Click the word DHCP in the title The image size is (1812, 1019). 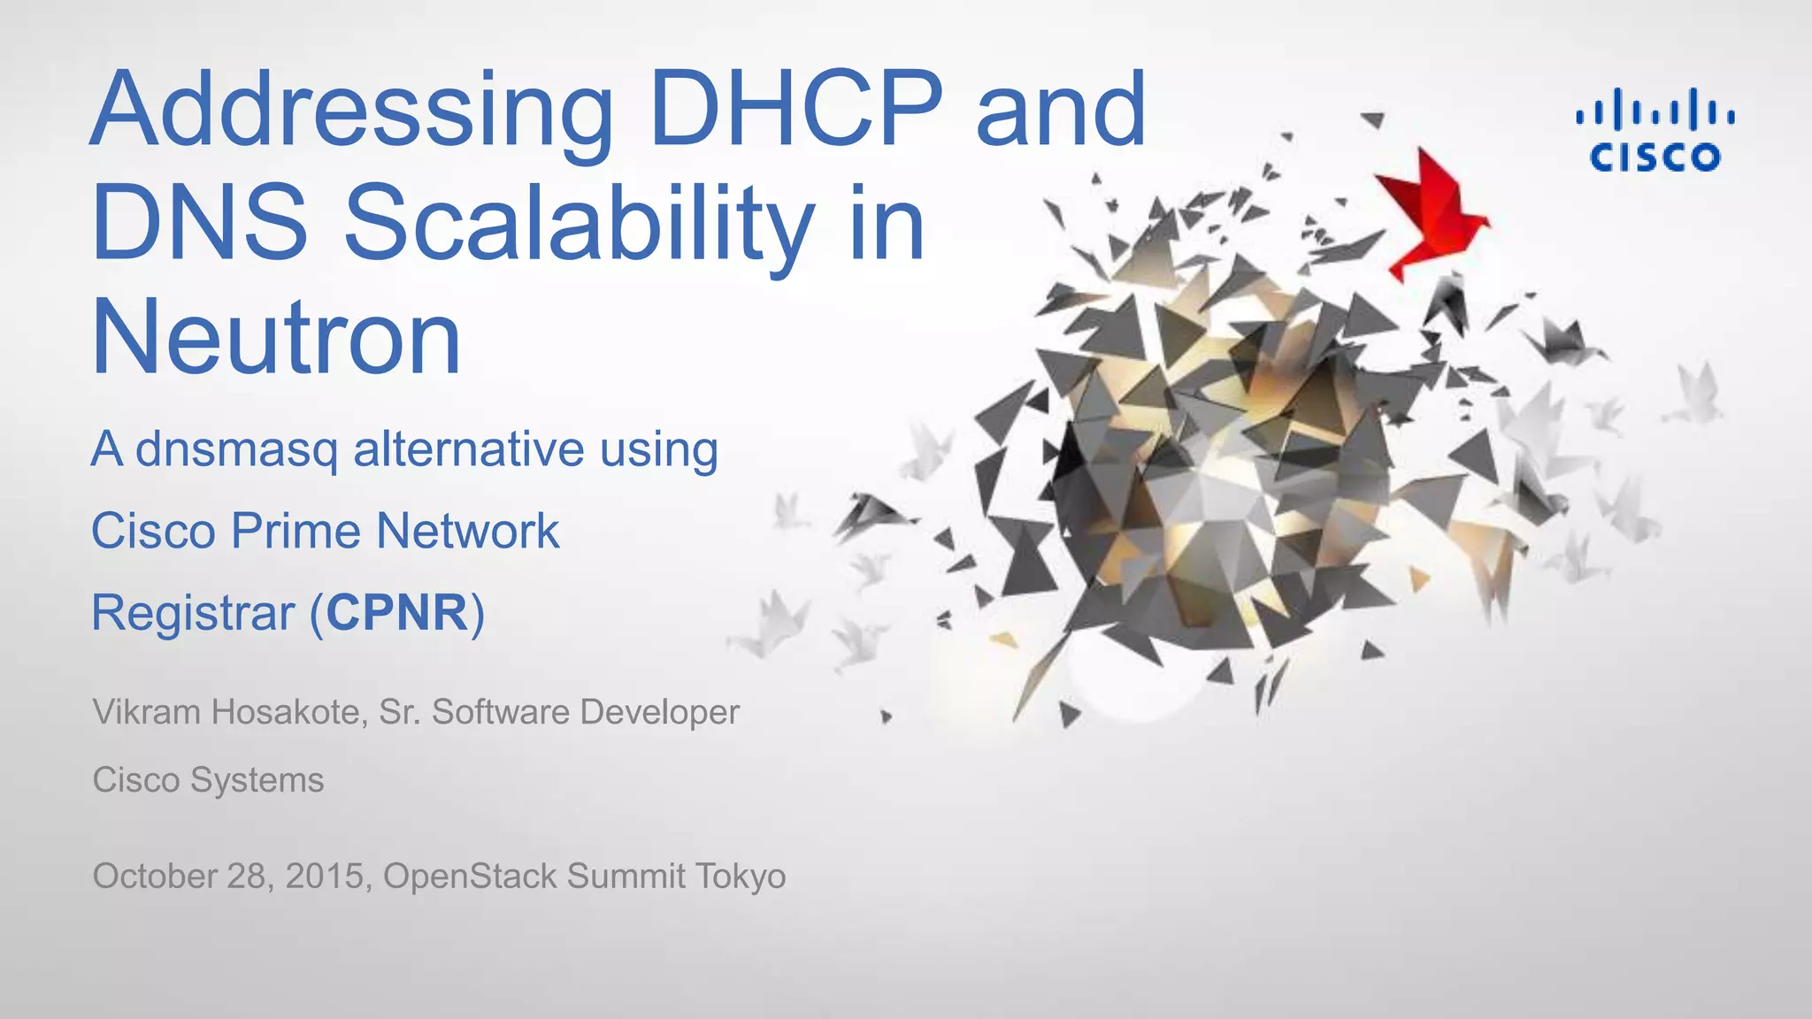pos(796,111)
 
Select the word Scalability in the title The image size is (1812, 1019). pos(580,226)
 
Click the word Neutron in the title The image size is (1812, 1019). pos(276,339)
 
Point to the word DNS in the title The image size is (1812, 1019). pos(200,223)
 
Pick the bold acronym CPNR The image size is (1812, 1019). pos(397,612)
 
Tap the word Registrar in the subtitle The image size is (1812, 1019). pos(193,614)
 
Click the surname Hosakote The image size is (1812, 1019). pos(288,712)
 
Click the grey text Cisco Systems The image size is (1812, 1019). pos(208,780)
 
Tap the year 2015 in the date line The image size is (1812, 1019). pos(325,876)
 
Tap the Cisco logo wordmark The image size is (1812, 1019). pos(1655,158)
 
